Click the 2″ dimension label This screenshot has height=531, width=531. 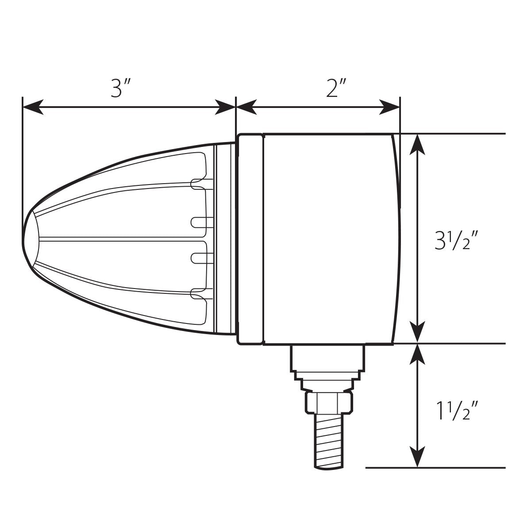(336, 88)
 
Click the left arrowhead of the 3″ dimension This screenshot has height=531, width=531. (33, 107)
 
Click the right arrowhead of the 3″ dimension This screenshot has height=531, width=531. (225, 107)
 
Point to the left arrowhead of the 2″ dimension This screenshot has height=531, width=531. (246, 107)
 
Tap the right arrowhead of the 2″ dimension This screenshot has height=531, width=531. (389, 107)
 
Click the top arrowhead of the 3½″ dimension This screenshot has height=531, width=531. (417, 144)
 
